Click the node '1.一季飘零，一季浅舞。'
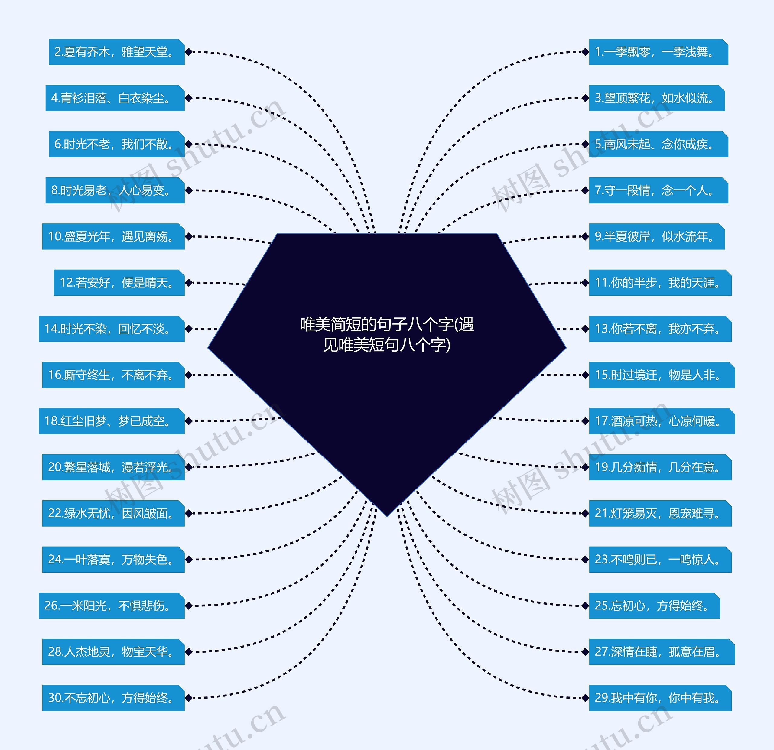[658, 52]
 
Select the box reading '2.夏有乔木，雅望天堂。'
[116, 52]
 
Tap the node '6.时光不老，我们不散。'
[116, 144]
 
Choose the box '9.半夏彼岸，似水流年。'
[656, 236]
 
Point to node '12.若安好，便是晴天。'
[119, 283]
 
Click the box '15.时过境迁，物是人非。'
[662, 375]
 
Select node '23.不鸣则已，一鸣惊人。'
[660, 559]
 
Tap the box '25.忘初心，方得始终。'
[654, 606]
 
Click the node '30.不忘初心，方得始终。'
[113, 698]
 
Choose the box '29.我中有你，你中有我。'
[660, 698]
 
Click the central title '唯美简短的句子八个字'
[387, 334]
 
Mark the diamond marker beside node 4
[189, 98]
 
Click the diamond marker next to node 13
[585, 329]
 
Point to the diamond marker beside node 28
[189, 652]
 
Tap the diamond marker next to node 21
[585, 513]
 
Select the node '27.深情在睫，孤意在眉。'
[662, 652]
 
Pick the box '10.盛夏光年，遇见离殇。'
[113, 236]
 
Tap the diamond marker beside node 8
[189, 190]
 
